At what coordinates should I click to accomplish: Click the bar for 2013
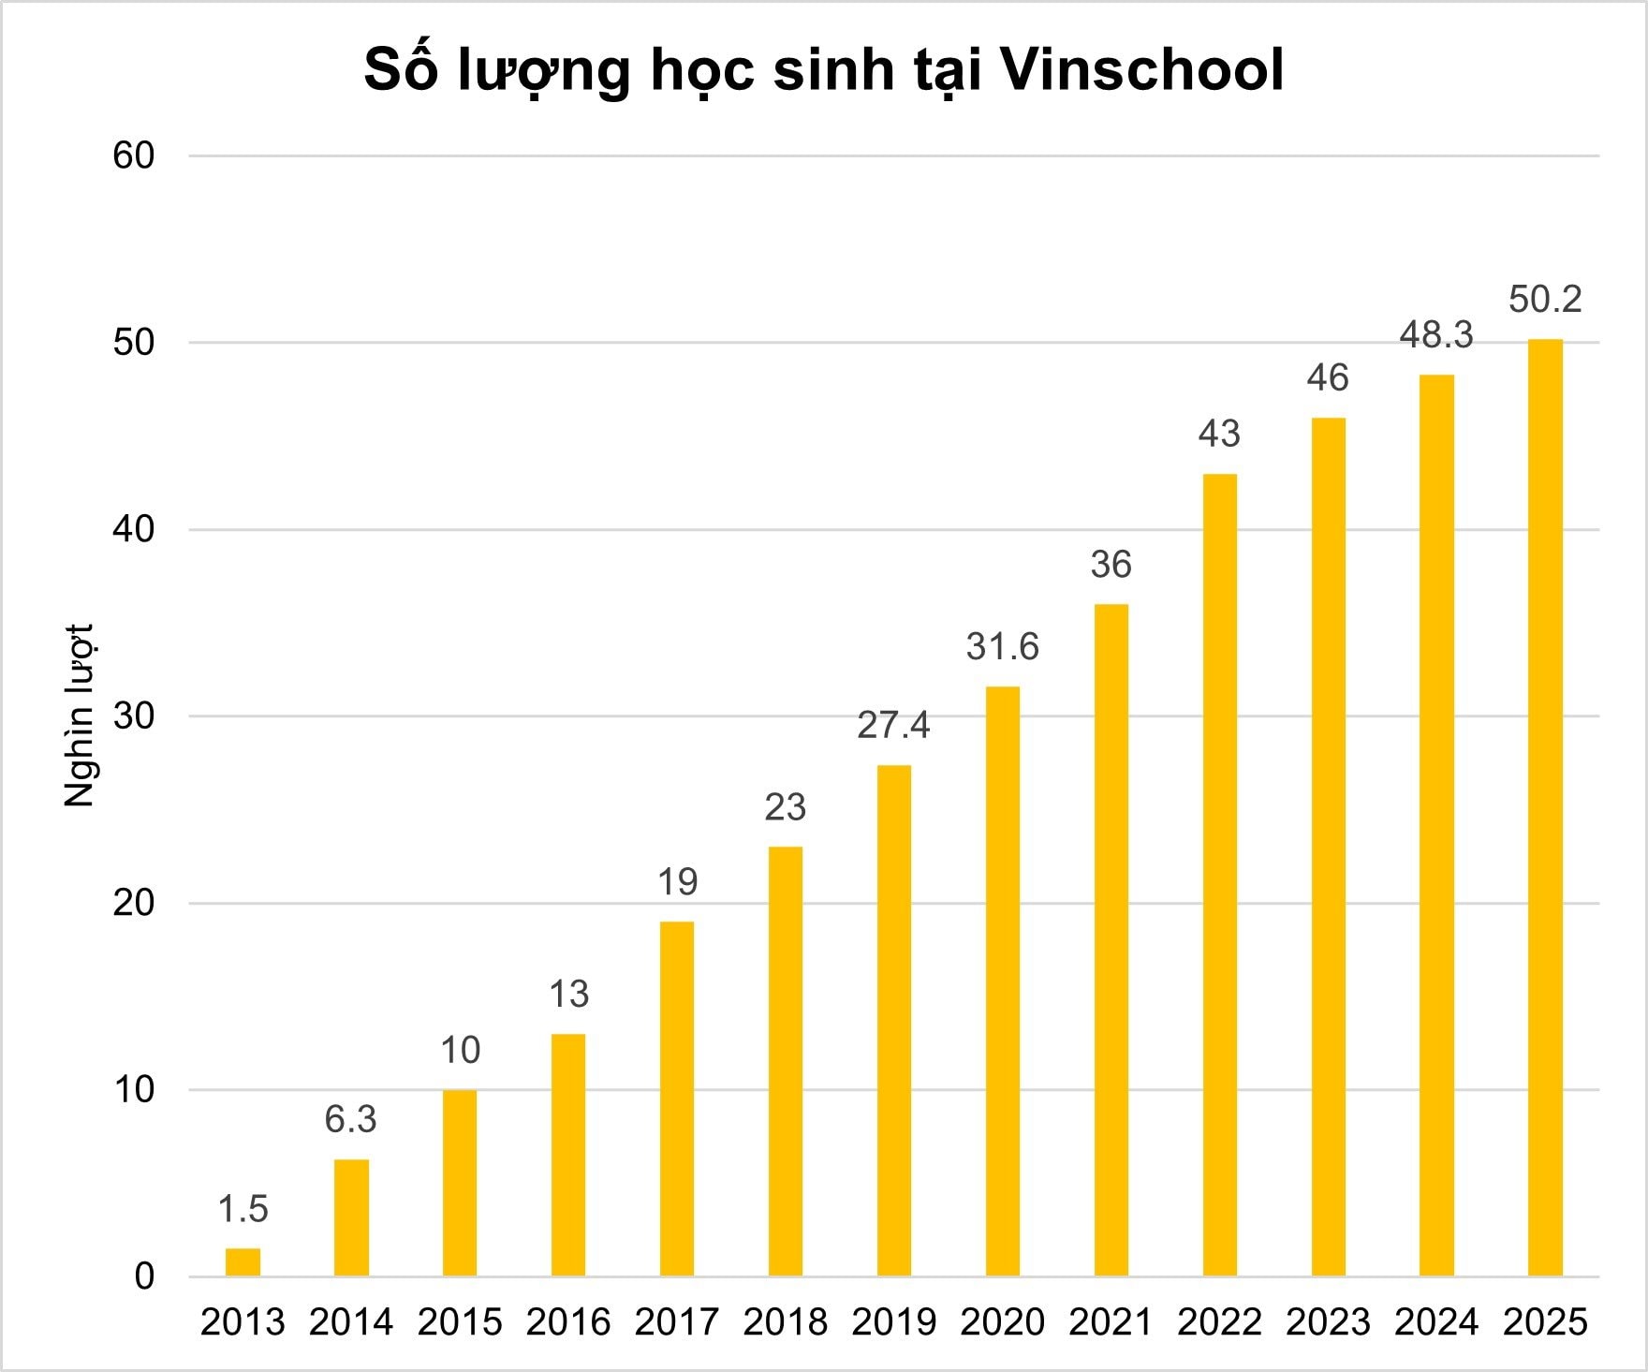pyautogui.click(x=243, y=1261)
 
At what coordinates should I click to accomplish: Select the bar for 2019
pyautogui.click(x=893, y=1021)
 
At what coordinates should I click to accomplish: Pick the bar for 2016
pyautogui.click(x=568, y=1155)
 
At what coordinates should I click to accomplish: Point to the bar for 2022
pyautogui.click(x=1219, y=875)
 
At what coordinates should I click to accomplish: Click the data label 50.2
pyautogui.click(x=1545, y=300)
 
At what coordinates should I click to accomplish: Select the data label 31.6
pyautogui.click(x=1002, y=647)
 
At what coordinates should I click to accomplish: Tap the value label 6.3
pyautogui.click(x=351, y=1119)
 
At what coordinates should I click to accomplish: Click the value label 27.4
pyautogui.click(x=893, y=726)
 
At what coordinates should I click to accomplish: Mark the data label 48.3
pyautogui.click(x=1436, y=335)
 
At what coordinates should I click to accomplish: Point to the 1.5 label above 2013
pyautogui.click(x=243, y=1209)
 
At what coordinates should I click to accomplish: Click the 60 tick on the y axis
pyautogui.click(x=133, y=155)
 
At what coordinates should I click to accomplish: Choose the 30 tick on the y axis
pyautogui.click(x=133, y=716)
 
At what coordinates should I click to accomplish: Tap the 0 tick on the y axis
pyautogui.click(x=144, y=1276)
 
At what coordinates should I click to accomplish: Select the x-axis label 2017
pyautogui.click(x=677, y=1322)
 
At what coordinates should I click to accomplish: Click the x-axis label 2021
pyautogui.click(x=1111, y=1322)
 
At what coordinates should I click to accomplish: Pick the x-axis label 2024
pyautogui.click(x=1436, y=1322)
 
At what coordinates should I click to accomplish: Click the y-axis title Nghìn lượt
pyautogui.click(x=81, y=716)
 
